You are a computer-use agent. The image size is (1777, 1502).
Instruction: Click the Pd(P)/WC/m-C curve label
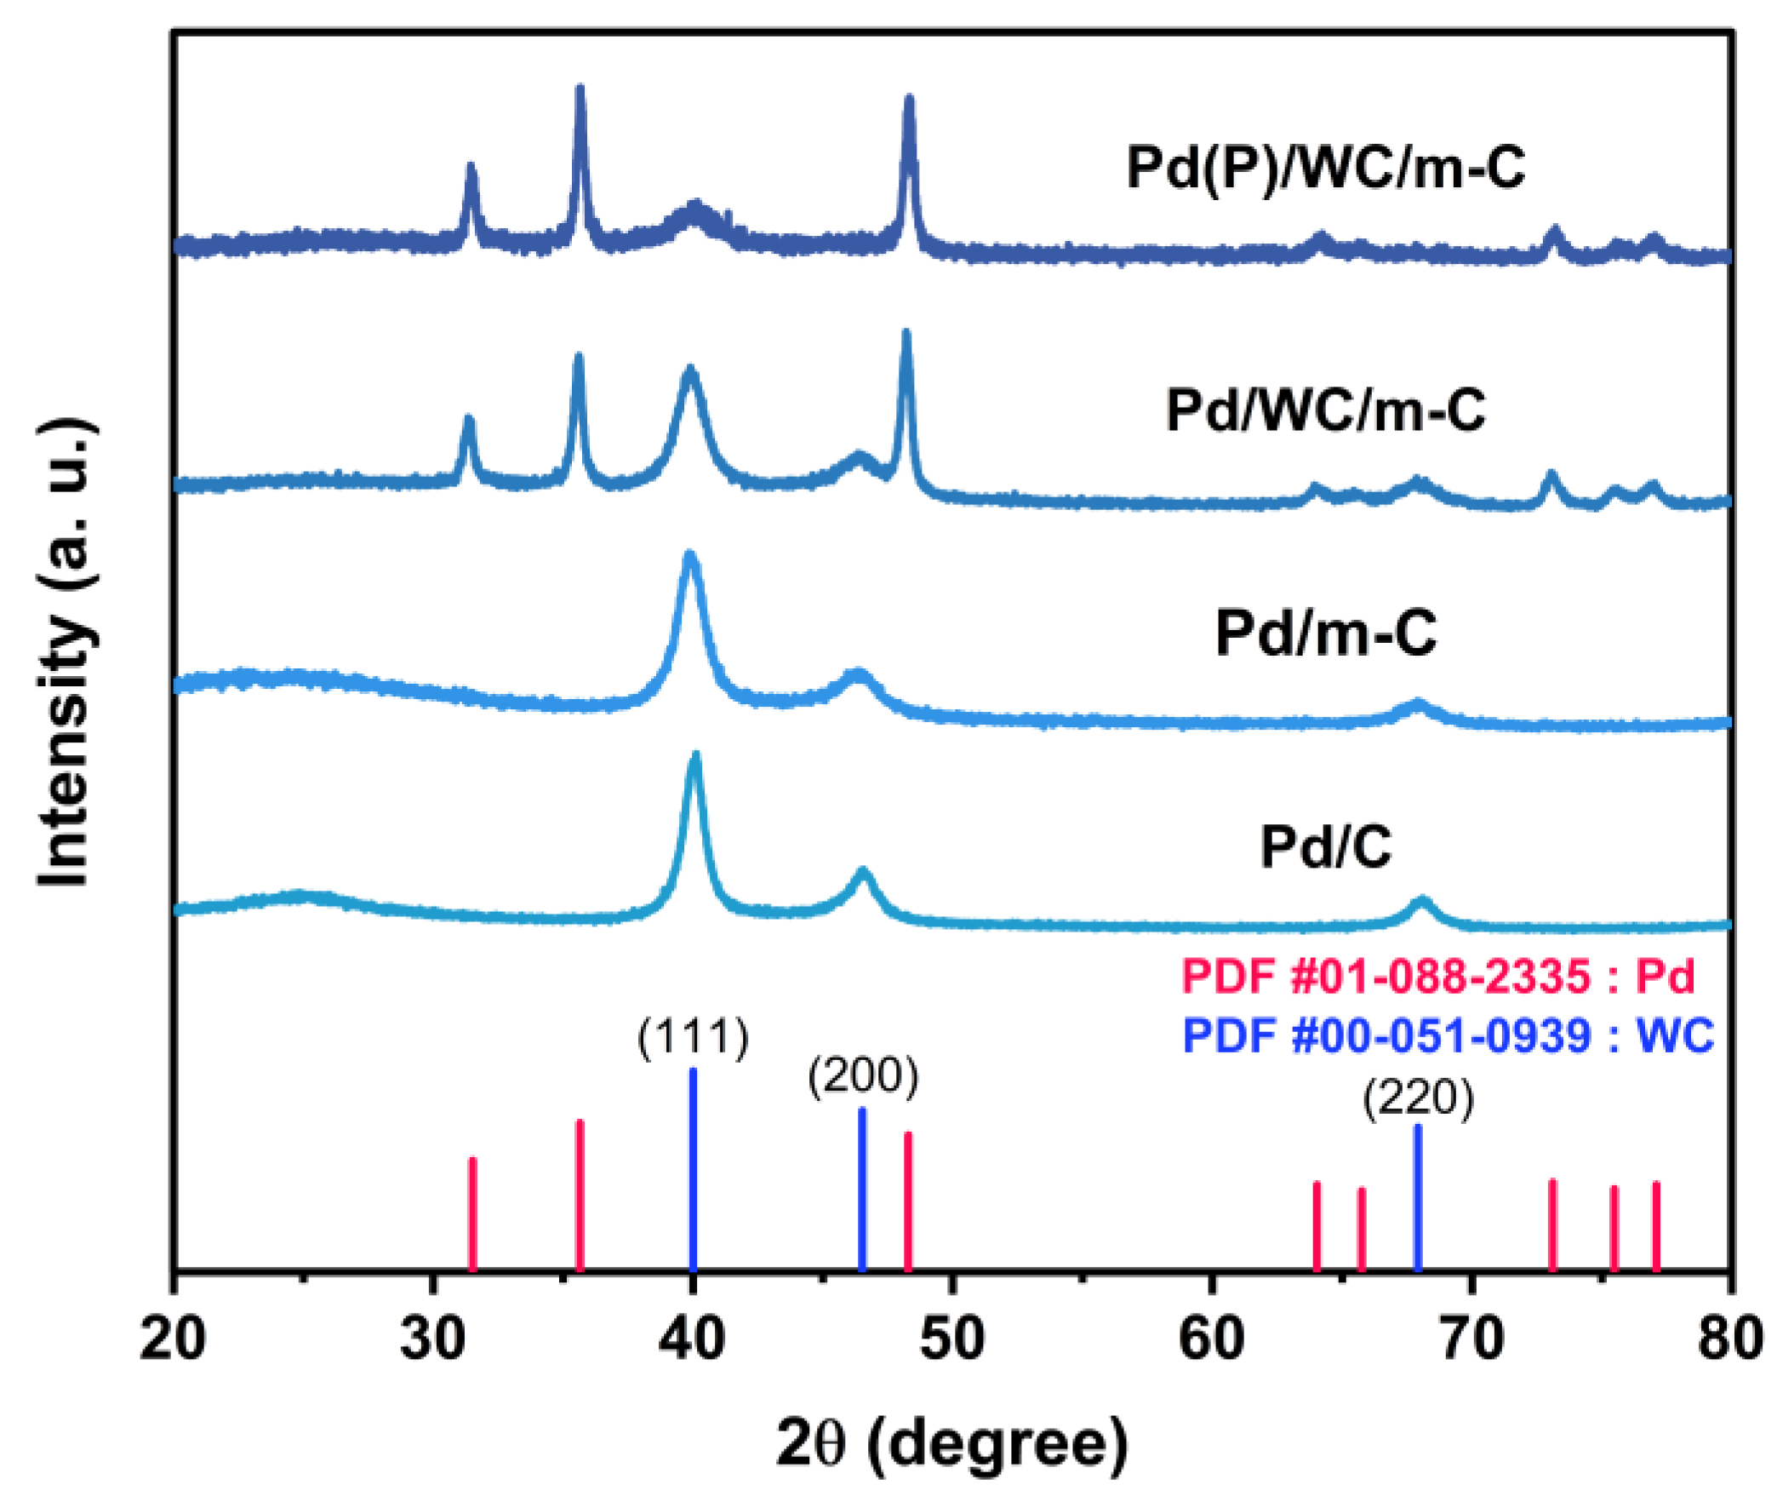pos(1325,167)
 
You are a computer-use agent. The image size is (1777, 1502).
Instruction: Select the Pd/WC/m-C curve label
pos(1325,410)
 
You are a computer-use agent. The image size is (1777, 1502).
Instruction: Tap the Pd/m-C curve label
pos(1325,633)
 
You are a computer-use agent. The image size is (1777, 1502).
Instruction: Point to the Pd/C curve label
pos(1325,846)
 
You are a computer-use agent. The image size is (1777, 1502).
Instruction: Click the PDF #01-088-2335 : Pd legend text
pos(1438,976)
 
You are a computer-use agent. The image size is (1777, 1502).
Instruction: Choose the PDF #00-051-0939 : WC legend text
pos(1448,1035)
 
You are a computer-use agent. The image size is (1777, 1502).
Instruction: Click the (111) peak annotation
pos(693,1038)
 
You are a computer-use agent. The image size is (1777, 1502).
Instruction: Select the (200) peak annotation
pos(863,1076)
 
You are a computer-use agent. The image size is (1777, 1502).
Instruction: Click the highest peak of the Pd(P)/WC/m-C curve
pos(580,89)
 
